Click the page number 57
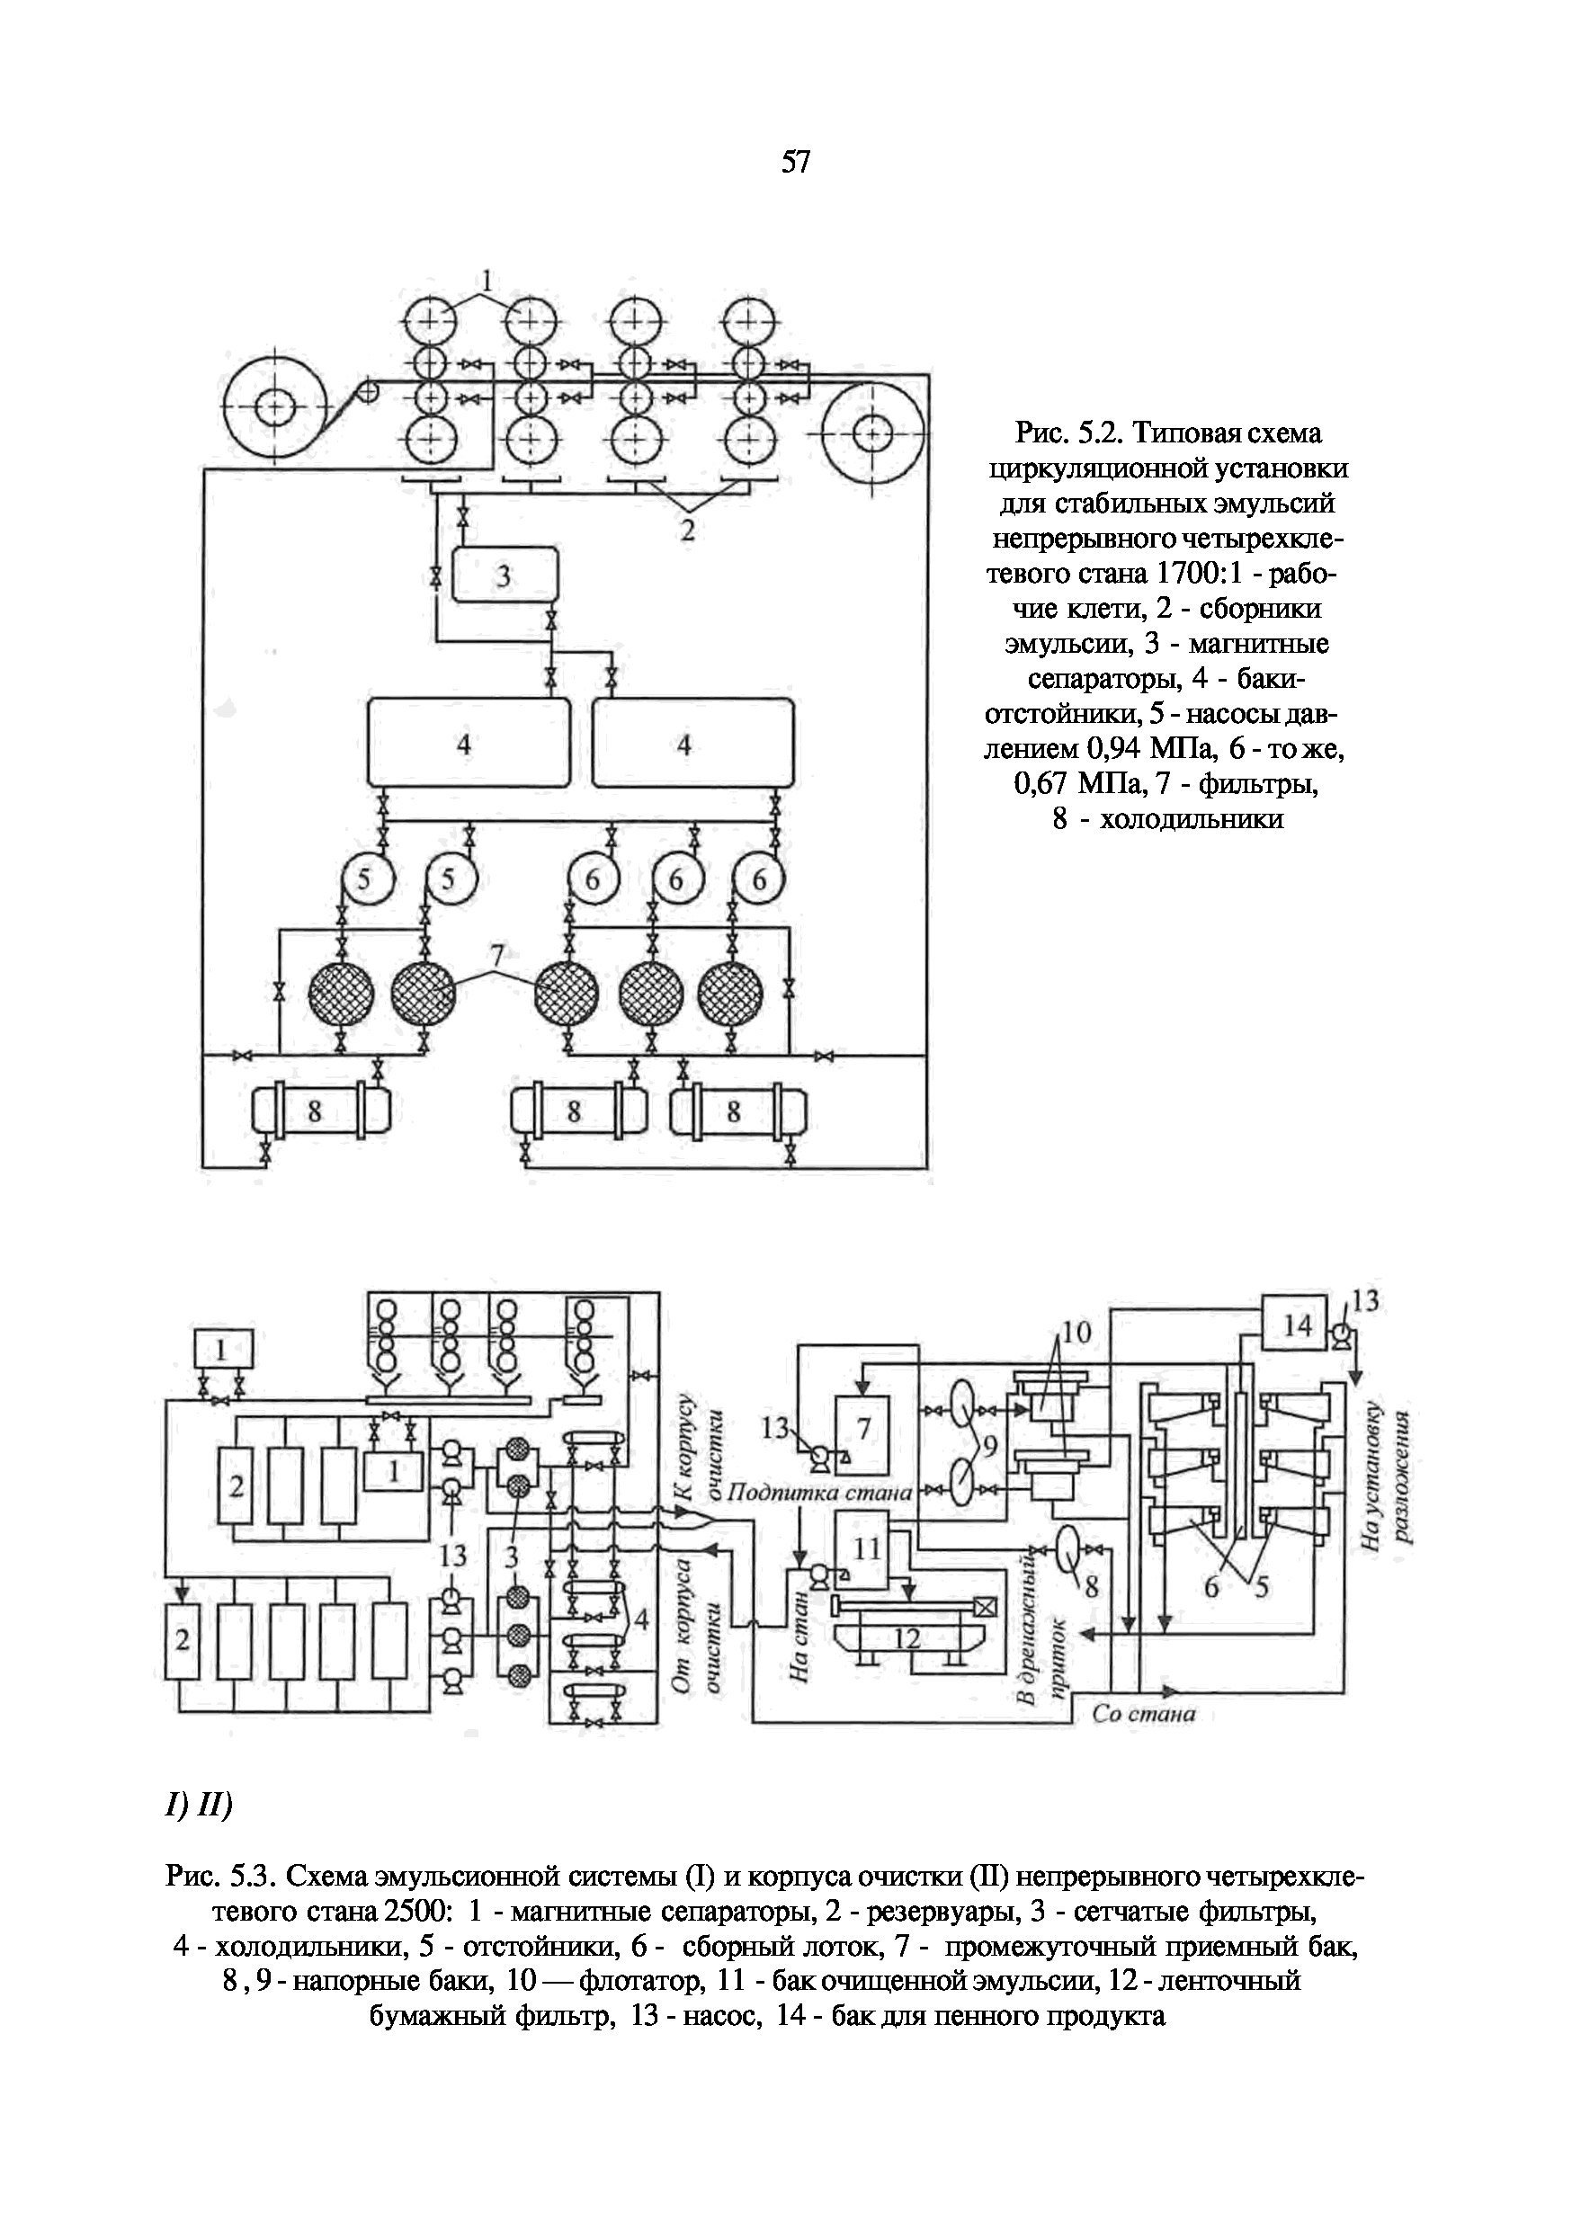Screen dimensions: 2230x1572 tap(795, 162)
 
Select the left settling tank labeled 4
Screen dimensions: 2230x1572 tap(468, 743)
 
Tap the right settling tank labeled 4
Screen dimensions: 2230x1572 tap(692, 743)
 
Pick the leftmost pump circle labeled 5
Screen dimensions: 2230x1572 tap(365, 880)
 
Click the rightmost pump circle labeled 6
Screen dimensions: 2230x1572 tap(759, 880)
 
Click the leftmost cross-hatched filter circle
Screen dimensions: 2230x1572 tap(341, 994)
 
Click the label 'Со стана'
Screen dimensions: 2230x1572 tap(1144, 1714)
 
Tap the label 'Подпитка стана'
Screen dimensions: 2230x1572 tap(819, 1493)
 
